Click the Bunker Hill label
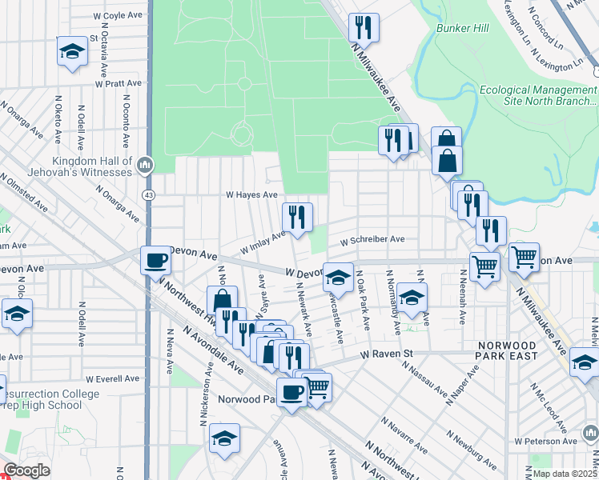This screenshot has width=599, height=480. [x=463, y=29]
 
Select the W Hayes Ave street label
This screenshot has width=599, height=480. [x=251, y=194]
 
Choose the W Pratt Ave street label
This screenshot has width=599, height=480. [x=118, y=82]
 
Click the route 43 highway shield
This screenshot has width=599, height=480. [x=149, y=194]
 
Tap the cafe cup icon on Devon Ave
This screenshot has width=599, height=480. [x=155, y=259]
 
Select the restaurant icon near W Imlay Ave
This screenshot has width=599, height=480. [x=297, y=216]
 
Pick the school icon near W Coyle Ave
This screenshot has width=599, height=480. [x=72, y=51]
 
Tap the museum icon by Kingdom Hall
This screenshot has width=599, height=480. [x=145, y=166]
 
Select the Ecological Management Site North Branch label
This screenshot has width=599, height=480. [x=538, y=95]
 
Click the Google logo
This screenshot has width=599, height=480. [x=26, y=470]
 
